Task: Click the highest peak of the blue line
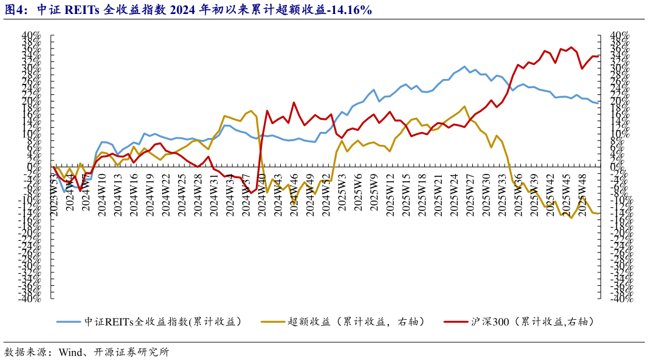click(464, 66)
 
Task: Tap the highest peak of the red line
click(570, 47)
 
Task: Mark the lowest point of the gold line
click(571, 218)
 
